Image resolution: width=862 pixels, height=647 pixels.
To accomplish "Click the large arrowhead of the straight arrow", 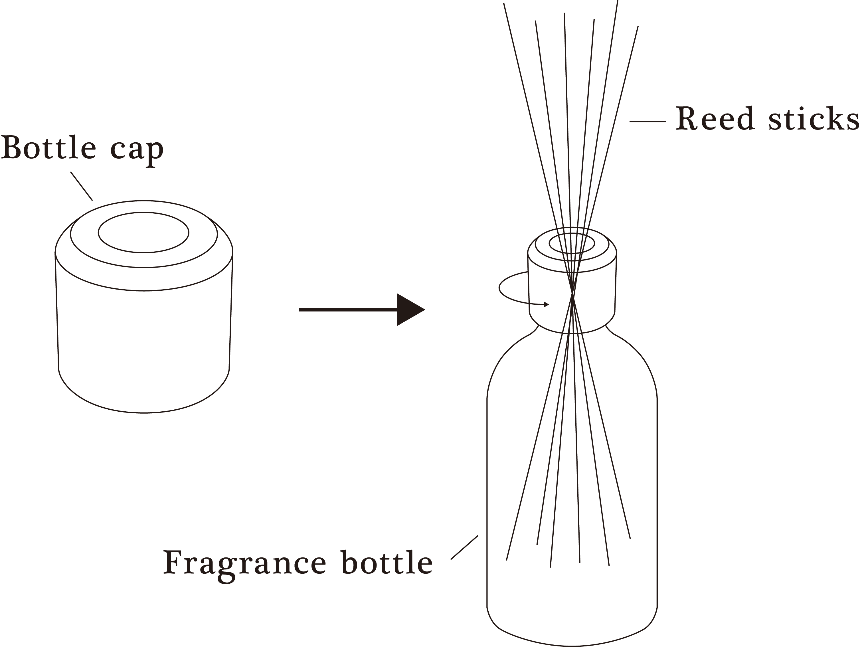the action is [409, 310].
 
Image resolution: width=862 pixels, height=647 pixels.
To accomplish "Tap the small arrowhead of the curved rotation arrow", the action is [546, 304].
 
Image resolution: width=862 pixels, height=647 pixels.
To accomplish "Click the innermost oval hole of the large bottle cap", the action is [143, 233].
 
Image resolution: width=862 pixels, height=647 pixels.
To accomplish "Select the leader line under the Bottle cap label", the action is [82, 186].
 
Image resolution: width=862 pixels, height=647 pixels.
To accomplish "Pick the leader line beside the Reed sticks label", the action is [648, 122].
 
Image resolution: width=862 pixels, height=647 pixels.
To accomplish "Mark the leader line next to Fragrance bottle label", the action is [464, 548].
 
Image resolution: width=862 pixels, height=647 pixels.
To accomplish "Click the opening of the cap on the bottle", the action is [572, 244].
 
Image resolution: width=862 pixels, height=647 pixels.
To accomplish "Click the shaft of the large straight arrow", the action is [347, 310].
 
